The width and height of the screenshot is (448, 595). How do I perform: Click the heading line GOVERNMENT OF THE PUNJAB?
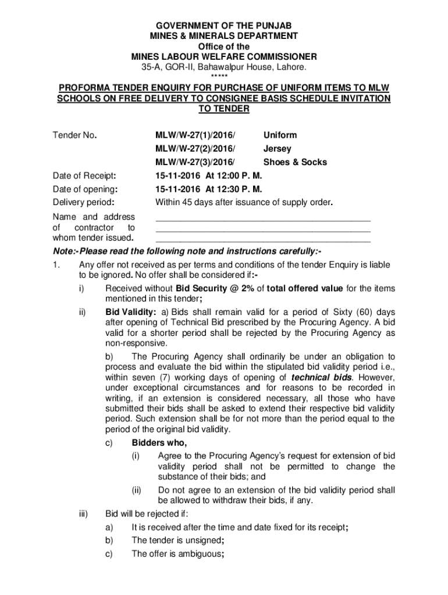[x=223, y=26]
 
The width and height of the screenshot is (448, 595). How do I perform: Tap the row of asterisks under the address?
[x=223, y=76]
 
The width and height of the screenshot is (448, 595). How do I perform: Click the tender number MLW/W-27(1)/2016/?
[x=197, y=135]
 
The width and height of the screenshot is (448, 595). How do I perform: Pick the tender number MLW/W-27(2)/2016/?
[x=197, y=149]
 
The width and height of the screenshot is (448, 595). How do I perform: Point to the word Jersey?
[x=278, y=149]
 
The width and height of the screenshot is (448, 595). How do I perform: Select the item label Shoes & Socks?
[x=295, y=162]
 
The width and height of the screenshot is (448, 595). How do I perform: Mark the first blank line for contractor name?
[x=262, y=220]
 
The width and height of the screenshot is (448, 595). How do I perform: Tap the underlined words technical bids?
[x=321, y=377]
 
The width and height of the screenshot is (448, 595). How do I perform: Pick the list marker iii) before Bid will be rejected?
[x=83, y=514]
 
